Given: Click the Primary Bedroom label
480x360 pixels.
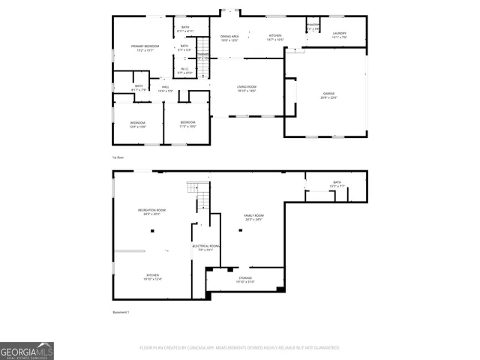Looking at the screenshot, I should pos(145,48).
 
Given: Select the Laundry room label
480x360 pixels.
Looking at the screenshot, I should pos(339,34).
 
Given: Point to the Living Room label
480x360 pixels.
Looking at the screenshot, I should pos(247,89).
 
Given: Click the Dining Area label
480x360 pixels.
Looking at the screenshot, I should pos(229,37).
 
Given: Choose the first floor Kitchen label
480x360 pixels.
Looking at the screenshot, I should pos(275,37).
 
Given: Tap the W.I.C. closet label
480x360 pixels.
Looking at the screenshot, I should pos(184,71).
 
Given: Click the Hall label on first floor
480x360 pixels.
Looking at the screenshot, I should pos(165,88).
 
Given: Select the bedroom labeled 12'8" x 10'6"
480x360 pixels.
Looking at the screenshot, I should pos(138,124).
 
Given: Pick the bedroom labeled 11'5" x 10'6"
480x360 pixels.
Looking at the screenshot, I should pos(187,124).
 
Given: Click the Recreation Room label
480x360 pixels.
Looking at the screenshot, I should pos(151,211).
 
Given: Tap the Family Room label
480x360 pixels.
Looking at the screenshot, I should pos(253,217).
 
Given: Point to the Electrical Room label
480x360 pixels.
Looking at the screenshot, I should pos(206,247).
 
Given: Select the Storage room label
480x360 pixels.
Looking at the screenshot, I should pos(246,279).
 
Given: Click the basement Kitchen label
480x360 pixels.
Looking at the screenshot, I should pos(152,277).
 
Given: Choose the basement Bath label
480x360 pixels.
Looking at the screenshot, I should pos(337,184).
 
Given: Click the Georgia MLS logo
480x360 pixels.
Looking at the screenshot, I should pos(27,350).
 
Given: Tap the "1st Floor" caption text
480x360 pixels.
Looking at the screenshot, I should pos(118,157).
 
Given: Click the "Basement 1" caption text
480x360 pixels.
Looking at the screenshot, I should pos(121,311).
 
